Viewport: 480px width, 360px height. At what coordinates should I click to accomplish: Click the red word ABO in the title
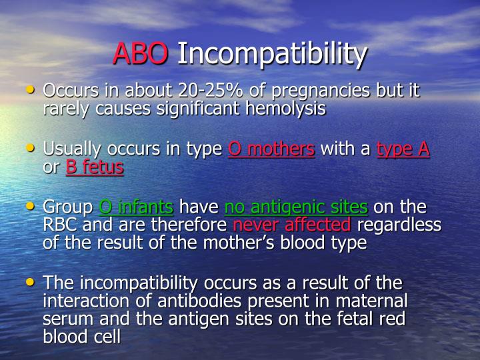[x=140, y=54]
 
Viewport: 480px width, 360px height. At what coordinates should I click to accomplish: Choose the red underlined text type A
[x=403, y=149]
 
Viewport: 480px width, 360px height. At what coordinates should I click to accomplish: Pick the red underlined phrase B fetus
[x=95, y=167]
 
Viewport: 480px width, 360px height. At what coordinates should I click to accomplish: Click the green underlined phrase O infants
[x=136, y=207]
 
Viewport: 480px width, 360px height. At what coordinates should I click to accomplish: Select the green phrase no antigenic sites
[x=296, y=208]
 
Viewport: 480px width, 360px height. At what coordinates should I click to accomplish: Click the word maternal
[x=373, y=301]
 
